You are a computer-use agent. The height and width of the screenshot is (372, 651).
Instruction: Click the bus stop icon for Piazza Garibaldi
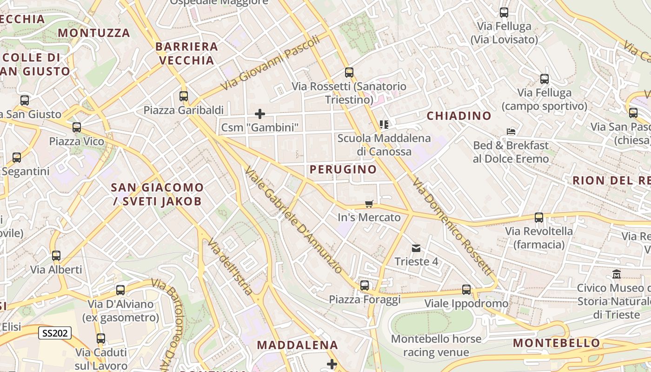pos(184,96)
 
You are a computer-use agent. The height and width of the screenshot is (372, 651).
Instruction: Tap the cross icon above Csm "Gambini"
pos(260,113)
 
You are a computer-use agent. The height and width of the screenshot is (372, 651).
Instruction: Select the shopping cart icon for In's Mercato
pos(369,203)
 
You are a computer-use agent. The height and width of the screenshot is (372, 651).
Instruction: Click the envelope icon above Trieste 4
pos(416,248)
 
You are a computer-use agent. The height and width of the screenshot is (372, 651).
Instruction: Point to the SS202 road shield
pos(55,333)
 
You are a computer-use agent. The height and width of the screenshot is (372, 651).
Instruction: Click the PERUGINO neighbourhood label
pos(343,169)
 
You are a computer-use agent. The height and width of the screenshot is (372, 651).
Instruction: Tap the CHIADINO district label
pos(459,116)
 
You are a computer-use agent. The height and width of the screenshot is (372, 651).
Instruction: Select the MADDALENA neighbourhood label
pos(298,345)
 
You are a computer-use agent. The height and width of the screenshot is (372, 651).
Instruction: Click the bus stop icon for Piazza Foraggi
pos(365,286)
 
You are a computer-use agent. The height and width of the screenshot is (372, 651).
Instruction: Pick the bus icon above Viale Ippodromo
pos(466,290)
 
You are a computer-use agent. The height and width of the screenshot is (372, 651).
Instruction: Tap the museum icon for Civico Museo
pos(617,274)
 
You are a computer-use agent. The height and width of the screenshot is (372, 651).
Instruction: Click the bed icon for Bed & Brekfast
pos(511,132)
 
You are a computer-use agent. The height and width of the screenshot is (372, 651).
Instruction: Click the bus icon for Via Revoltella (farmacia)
pos(539,217)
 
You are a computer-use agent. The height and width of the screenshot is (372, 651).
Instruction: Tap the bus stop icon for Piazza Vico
pos(77,127)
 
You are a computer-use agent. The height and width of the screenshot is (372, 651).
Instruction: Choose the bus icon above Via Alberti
pos(56,255)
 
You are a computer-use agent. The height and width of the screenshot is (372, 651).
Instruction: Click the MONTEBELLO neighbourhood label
pos(556,343)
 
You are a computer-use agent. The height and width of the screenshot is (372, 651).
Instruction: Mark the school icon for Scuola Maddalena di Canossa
pos(384,124)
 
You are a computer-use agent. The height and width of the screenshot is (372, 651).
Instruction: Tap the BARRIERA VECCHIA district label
pos(187,53)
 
